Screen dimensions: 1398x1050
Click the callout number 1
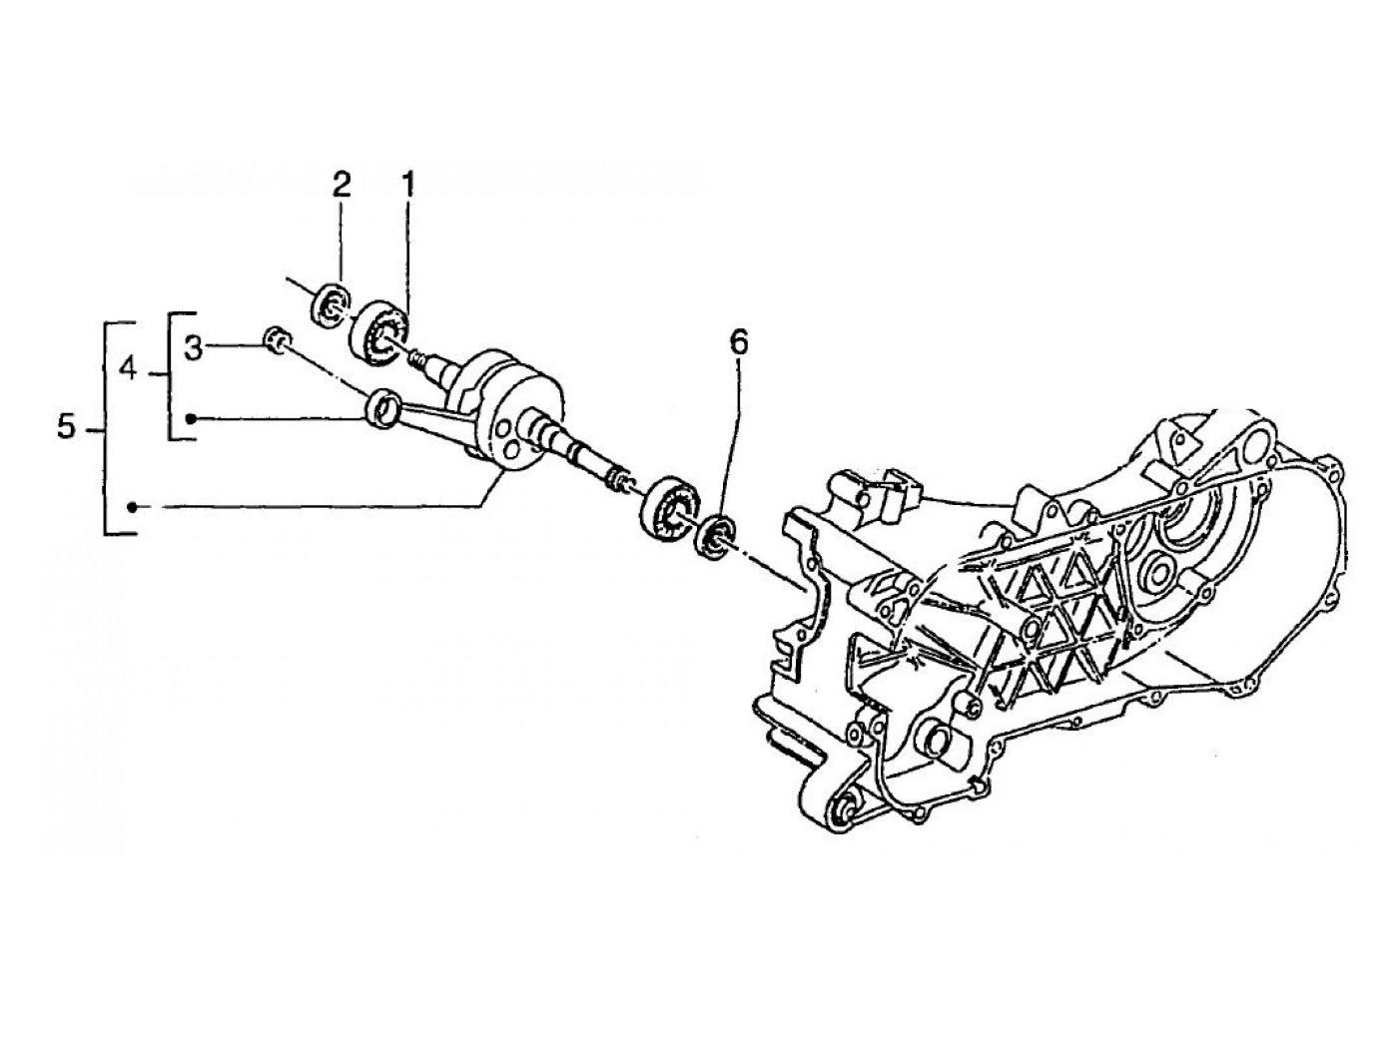[x=407, y=184]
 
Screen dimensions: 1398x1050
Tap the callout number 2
[x=342, y=184]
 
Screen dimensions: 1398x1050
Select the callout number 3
[x=194, y=348]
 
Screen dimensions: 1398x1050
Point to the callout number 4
[x=127, y=370]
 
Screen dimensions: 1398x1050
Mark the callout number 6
[x=737, y=342]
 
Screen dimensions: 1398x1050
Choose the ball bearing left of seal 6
[x=666, y=507]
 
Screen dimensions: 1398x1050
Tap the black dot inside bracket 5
[x=131, y=508]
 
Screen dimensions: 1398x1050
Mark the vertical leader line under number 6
[x=737, y=439]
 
